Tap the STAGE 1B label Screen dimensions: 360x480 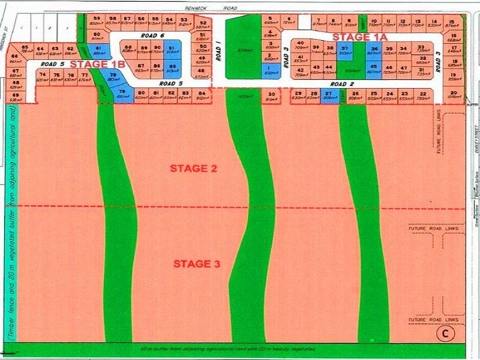pyautogui.click(x=97, y=62)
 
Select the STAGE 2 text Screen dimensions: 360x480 pyautogui.click(x=193, y=169)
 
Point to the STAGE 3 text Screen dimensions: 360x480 pyautogui.click(x=197, y=263)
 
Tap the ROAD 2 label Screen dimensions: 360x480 pyautogui.click(x=343, y=84)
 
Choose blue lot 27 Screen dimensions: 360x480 pyautogui.click(x=328, y=96)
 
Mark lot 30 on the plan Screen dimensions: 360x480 pyautogui.click(x=272, y=96)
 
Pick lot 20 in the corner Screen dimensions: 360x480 pyautogui.click(x=453, y=95)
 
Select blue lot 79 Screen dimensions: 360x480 pyautogui.click(x=122, y=95)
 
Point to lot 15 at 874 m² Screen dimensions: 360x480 pyautogui.click(x=451, y=23)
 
